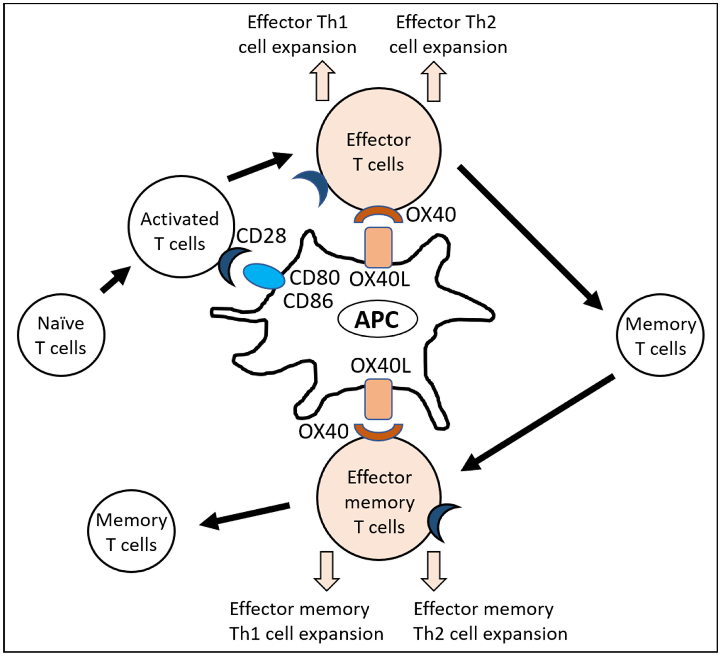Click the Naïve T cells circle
61,335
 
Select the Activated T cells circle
181,227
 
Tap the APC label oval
378,319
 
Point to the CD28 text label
261,235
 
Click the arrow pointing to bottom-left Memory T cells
244,515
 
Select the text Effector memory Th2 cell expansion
490,621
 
